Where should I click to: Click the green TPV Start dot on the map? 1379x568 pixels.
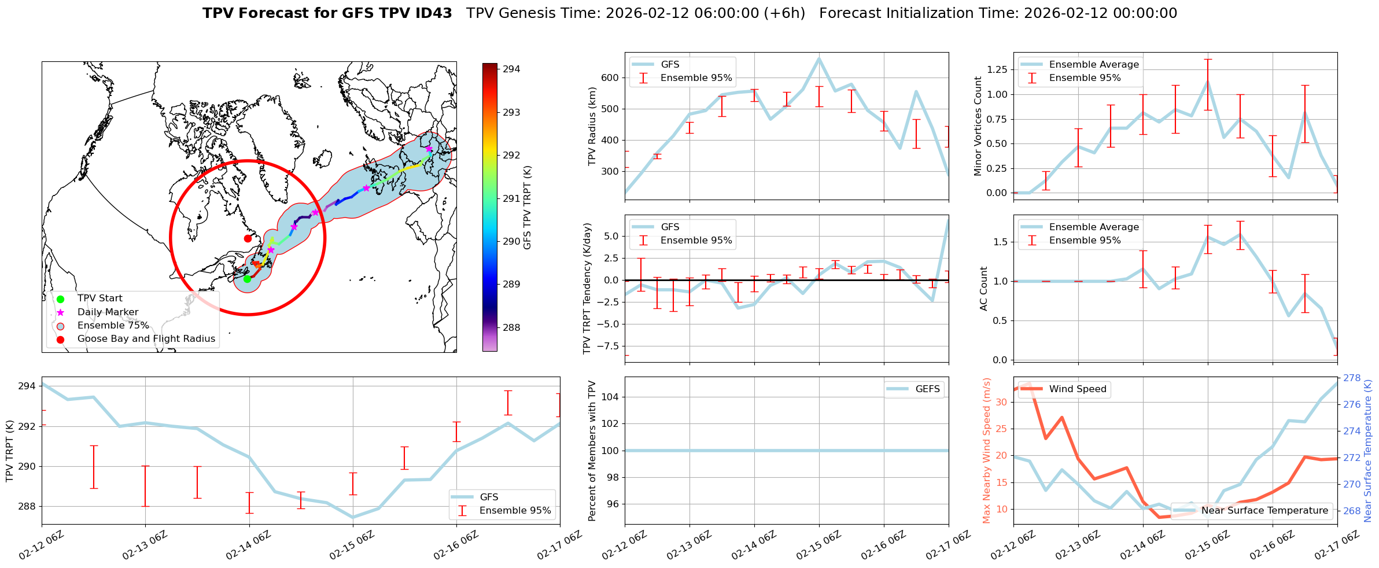coord(247,279)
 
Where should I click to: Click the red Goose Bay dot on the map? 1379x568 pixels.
coord(248,238)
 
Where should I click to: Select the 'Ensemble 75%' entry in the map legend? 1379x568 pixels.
coord(113,326)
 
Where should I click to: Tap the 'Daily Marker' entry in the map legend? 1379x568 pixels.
coord(108,312)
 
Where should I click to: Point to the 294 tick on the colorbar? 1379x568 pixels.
coord(511,69)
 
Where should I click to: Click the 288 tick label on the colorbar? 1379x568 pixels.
coord(511,328)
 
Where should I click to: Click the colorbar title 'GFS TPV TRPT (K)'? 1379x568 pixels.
coord(527,208)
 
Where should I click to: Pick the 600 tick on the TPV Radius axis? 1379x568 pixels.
coord(611,78)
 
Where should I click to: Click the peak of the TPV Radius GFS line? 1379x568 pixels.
coord(819,58)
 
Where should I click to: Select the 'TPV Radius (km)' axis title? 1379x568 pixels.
coord(592,126)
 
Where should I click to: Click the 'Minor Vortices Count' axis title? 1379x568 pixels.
coord(978,126)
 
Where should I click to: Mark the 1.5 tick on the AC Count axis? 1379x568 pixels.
coord(998,242)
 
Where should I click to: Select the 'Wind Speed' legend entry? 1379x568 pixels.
coord(1077,389)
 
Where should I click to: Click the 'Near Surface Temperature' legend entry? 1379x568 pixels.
coord(1264,511)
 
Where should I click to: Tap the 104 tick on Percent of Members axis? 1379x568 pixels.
coord(611,397)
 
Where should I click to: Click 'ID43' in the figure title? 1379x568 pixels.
coord(429,13)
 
